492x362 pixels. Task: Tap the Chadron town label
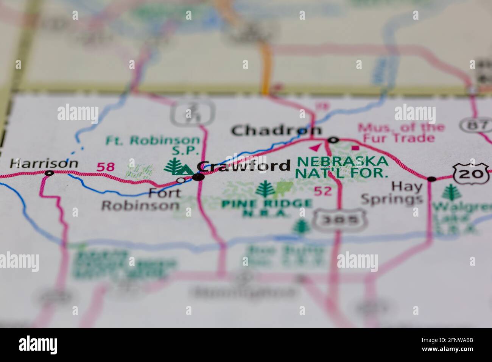point(277,131)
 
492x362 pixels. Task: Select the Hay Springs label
point(391,192)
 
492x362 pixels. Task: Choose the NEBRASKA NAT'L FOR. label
point(343,167)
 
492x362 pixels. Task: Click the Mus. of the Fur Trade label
point(402,133)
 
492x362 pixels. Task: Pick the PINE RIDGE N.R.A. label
point(267,208)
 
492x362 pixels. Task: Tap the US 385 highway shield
point(335,220)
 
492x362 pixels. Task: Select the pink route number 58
point(106,167)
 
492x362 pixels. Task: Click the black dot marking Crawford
point(198,177)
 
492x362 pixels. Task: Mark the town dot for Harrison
point(49,173)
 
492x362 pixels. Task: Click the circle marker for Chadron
point(333,140)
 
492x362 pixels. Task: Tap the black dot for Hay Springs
point(431,179)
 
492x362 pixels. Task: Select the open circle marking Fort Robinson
point(181,180)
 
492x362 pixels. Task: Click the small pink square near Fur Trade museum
point(355,148)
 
